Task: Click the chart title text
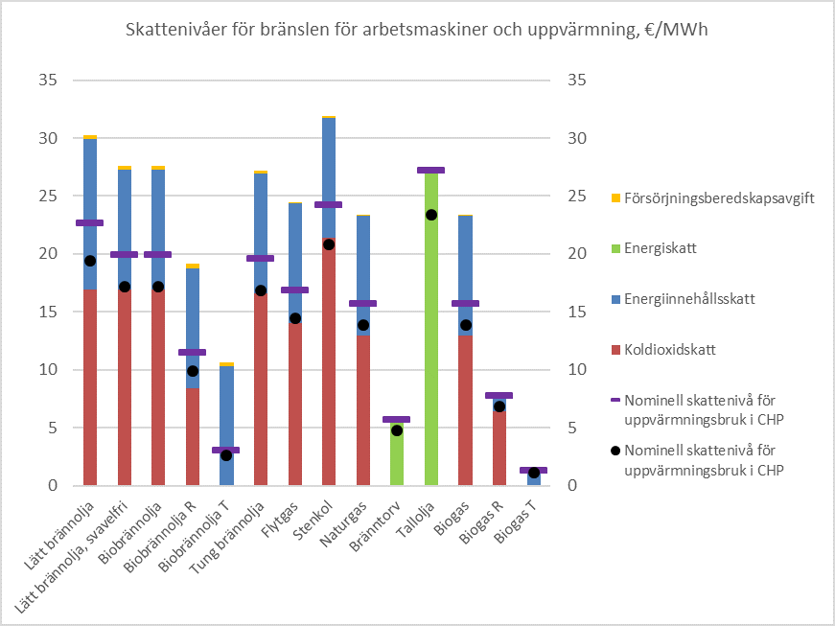[417, 30]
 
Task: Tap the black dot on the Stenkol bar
[329, 244]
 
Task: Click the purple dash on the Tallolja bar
[431, 171]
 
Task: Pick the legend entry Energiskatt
[660, 248]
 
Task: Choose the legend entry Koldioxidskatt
[670, 351]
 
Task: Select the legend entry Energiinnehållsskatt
[688, 299]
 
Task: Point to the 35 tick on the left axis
[48, 80]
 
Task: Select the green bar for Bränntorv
[397, 460]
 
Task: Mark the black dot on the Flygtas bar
[295, 318]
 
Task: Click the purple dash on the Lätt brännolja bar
[90, 222]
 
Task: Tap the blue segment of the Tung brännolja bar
[261, 216]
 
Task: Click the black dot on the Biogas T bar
[534, 473]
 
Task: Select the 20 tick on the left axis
[48, 254]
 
